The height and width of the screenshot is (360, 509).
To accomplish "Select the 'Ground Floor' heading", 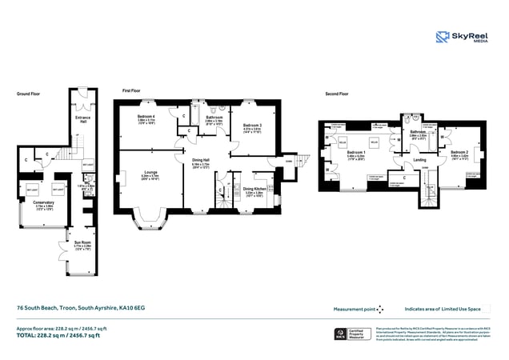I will [29, 94].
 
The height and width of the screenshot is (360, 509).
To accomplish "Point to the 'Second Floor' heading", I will [336, 94].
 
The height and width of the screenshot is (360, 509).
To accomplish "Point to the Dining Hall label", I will [199, 160].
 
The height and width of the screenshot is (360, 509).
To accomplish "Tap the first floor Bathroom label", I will [214, 117].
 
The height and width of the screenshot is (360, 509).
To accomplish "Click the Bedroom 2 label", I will [459, 152].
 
